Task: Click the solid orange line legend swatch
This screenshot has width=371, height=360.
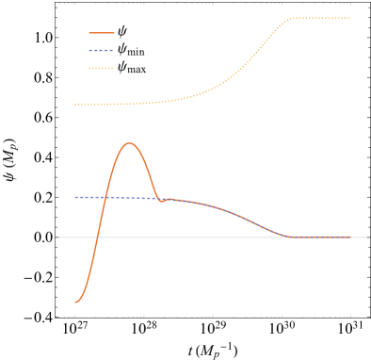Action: point(101,33)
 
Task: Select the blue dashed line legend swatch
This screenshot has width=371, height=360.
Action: point(101,51)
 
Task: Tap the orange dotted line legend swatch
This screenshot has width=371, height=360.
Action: point(101,69)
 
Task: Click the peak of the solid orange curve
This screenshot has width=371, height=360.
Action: point(130,143)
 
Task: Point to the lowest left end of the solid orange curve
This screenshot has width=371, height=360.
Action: point(75,302)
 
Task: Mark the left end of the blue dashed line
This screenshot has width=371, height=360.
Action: point(75,197)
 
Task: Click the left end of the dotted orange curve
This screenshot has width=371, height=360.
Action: point(75,105)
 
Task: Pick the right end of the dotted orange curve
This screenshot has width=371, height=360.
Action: point(349,18)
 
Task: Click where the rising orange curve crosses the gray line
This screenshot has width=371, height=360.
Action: point(96,237)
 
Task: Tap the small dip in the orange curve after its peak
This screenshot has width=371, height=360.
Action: point(162,201)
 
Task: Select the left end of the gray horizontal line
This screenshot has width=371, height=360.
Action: point(59,237)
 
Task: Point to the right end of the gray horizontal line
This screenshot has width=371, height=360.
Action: point(366,237)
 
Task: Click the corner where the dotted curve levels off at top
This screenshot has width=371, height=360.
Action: point(293,19)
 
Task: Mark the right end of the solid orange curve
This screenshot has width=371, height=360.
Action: point(350,237)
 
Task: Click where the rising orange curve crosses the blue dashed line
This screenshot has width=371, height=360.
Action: point(104,197)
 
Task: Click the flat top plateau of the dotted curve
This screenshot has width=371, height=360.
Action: point(321,18)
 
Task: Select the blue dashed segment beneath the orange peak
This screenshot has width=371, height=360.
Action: point(130,198)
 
